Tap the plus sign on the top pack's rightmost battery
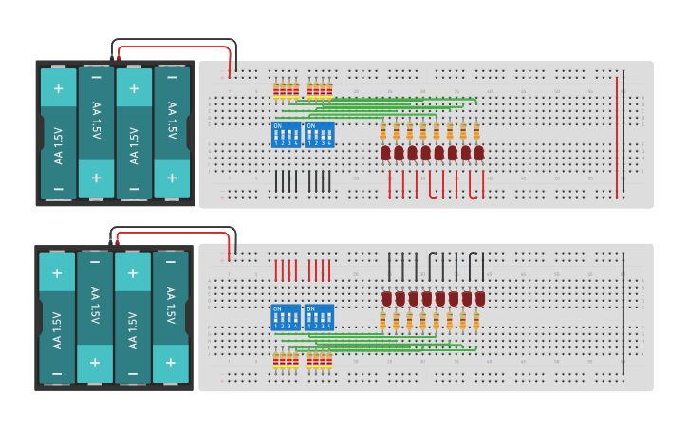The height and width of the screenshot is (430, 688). click(172, 177)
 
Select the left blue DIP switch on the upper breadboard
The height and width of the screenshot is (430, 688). click(286, 134)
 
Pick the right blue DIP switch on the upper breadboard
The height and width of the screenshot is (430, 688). click(319, 134)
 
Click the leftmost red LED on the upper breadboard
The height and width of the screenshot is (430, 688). click(386, 152)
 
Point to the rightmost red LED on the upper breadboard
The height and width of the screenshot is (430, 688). click(479, 152)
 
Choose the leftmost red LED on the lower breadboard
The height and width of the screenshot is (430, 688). click(387, 299)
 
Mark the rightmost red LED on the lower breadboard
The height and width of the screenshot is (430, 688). click(480, 299)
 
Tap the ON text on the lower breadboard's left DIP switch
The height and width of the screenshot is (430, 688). click(277, 308)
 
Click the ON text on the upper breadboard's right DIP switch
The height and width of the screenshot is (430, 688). click(310, 124)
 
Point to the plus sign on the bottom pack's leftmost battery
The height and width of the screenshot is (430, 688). click(57, 273)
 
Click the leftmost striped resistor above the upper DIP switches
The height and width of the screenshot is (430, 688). click(276, 91)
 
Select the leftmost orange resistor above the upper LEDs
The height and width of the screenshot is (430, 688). click(383, 131)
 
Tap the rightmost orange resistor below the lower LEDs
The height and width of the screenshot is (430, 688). click(476, 321)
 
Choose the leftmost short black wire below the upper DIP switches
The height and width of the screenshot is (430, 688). click(276, 181)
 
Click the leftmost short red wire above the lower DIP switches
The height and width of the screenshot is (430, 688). click(276, 270)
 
